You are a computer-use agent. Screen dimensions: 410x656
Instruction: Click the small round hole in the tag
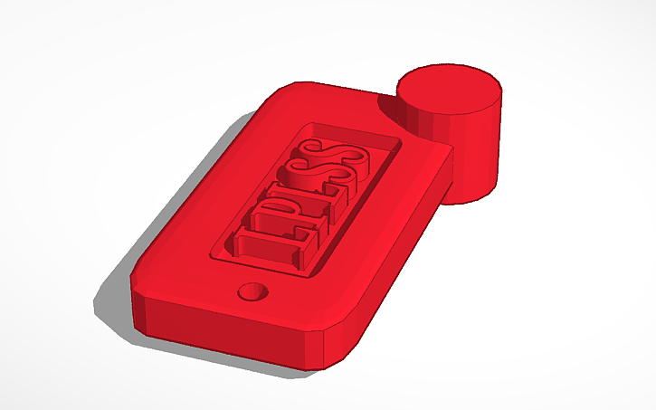tap(252, 291)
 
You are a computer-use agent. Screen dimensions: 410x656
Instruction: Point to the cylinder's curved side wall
tap(471, 154)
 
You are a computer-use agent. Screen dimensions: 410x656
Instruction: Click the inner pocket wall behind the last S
tap(353, 130)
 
